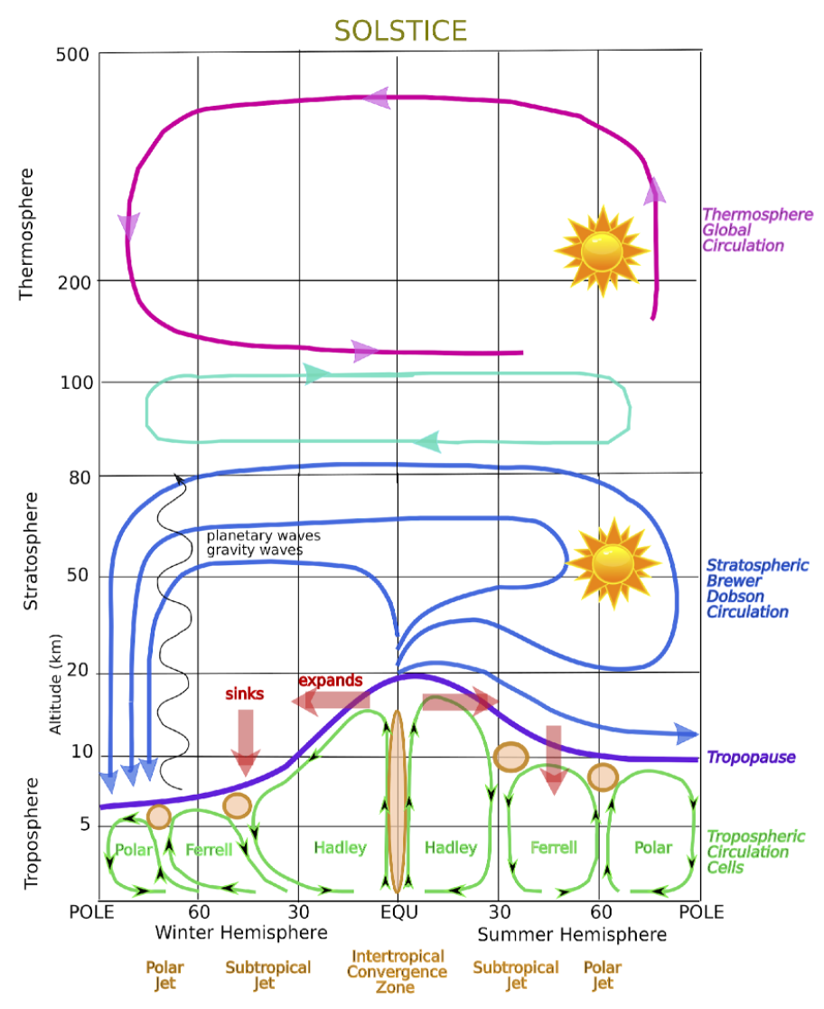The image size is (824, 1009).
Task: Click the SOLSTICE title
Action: tap(400, 31)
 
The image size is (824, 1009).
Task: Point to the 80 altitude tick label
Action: tap(80, 476)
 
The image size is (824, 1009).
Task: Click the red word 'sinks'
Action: tap(244, 694)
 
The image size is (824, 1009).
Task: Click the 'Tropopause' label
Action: tap(751, 758)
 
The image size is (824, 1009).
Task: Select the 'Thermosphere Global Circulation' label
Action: tap(757, 231)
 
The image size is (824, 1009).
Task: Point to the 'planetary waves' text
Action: tap(263, 535)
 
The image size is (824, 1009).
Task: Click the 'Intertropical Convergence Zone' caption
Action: tap(398, 972)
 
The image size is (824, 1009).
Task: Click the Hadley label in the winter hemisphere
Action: tap(340, 848)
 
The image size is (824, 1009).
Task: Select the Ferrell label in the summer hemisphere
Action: tap(553, 848)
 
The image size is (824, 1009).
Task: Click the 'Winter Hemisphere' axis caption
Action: tap(241, 932)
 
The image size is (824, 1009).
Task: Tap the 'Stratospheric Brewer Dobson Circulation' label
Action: tap(757, 589)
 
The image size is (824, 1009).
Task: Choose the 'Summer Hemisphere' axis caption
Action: tap(571, 934)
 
